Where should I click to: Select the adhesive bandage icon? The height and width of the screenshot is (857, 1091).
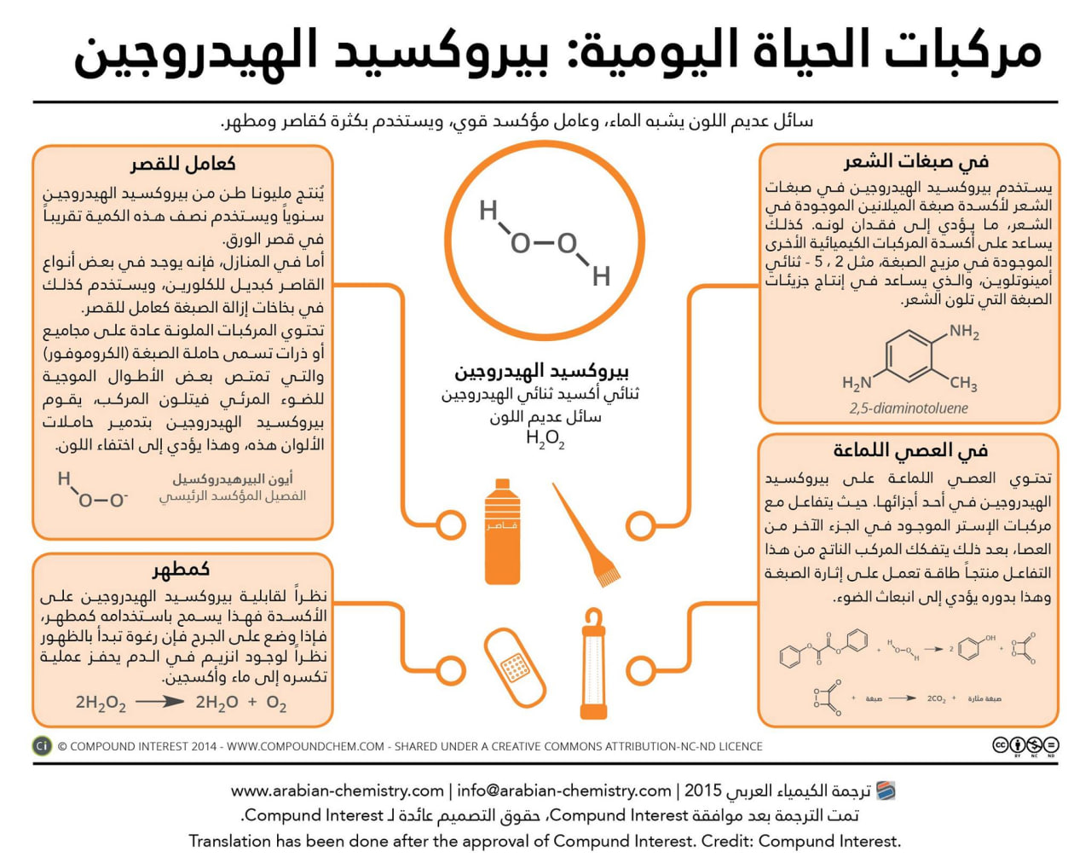514,667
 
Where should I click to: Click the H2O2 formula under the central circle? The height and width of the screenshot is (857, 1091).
545,438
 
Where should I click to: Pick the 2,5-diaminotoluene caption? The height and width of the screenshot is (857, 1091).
909,408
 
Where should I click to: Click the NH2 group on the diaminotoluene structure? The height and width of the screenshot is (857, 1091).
964,332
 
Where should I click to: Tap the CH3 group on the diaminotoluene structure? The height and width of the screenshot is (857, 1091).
963,383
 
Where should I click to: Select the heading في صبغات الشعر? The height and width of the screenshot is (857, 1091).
916,161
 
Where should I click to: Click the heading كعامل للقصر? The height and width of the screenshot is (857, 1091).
182,164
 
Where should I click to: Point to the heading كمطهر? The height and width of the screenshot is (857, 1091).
182,569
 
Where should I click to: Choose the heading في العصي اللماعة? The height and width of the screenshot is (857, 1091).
910,450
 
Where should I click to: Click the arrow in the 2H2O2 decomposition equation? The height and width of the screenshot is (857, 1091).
159,702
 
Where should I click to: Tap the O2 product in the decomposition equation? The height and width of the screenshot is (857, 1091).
276,703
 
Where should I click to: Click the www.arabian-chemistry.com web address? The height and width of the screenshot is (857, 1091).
338,790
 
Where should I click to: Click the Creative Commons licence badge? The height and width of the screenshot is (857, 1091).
1025,746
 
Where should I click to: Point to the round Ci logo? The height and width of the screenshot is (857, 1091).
42,746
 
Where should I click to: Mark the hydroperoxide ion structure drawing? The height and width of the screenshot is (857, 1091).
92,489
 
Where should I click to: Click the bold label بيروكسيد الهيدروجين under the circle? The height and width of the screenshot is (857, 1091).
541,372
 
